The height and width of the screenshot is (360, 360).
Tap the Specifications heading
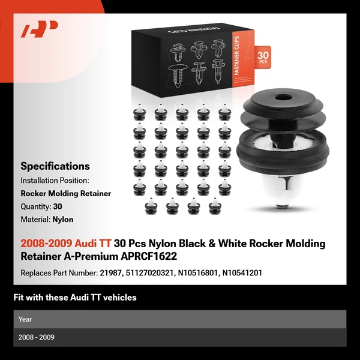click(x=55, y=166)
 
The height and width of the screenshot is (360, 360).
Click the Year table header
click(x=25, y=319)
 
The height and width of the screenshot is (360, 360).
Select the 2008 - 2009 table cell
click(x=37, y=337)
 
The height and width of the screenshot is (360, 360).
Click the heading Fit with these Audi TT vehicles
click(x=75, y=298)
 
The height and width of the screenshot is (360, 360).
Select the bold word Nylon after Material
click(x=63, y=220)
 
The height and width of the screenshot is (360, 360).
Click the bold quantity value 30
click(x=58, y=206)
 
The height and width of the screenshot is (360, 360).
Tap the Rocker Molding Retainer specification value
click(x=66, y=193)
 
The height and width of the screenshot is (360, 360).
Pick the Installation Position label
click(x=55, y=180)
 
